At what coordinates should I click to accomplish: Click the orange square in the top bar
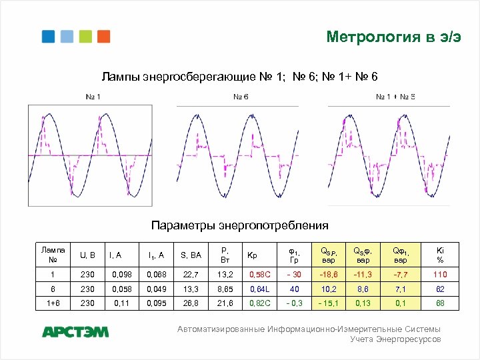tap(103, 36)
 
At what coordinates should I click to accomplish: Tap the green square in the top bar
tap(85, 36)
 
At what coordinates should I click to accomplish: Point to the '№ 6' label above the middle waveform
tap(241, 97)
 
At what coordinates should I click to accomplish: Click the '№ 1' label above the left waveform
tap(93, 97)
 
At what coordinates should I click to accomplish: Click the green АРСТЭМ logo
tap(75, 332)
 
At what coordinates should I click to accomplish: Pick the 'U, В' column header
tap(87, 255)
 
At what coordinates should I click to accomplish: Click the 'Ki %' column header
tap(440, 255)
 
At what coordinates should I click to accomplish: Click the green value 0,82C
tap(259, 303)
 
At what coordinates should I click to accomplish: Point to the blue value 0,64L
tap(259, 289)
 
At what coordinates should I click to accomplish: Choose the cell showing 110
tap(440, 274)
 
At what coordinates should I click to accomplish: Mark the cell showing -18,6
tap(329, 274)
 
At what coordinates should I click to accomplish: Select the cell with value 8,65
tap(223, 289)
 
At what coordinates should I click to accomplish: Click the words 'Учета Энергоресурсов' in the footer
tap(395, 339)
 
